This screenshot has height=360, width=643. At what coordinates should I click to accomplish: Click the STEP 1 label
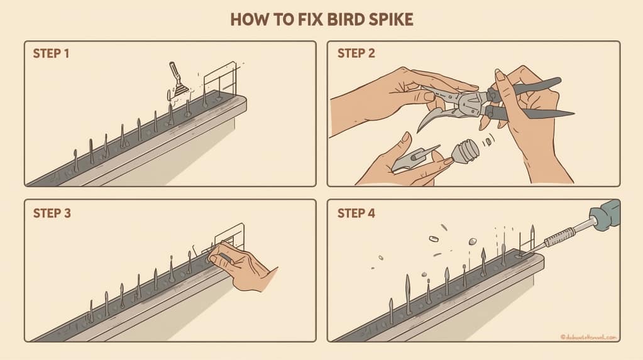click(51, 53)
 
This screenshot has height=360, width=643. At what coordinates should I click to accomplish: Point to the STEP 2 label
click(356, 53)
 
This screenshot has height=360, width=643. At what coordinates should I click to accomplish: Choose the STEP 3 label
click(52, 213)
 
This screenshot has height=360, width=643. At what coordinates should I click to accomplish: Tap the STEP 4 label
click(356, 213)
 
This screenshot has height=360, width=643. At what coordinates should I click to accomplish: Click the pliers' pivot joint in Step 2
click(469, 101)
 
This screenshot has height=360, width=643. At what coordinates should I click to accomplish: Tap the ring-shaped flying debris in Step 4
click(432, 239)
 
